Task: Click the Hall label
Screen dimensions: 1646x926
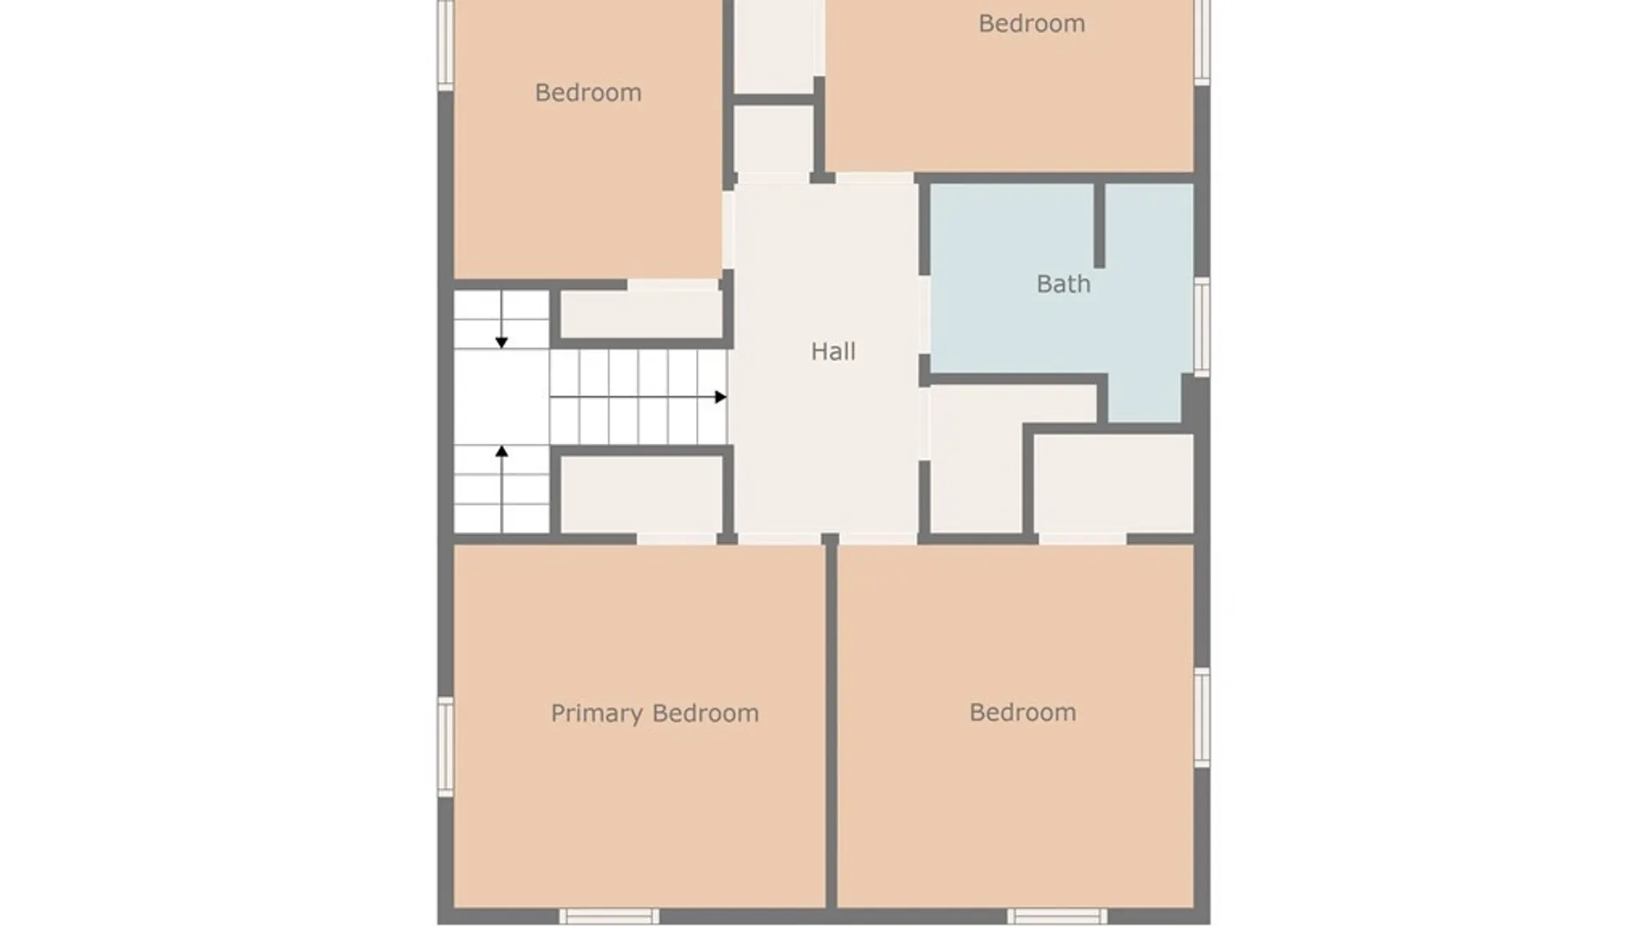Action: click(x=833, y=352)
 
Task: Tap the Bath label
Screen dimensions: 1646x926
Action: click(x=1063, y=284)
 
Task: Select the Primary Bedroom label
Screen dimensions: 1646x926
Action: click(x=655, y=713)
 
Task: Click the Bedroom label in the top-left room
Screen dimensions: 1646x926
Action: click(x=588, y=93)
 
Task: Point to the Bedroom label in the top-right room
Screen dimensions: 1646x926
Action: click(x=1031, y=23)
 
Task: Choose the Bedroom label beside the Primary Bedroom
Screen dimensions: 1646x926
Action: click(x=1023, y=713)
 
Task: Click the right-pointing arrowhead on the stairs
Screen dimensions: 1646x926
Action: click(x=721, y=397)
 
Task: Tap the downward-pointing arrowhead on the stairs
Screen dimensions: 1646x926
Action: click(x=502, y=343)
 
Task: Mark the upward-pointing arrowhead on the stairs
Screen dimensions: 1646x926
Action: click(x=502, y=451)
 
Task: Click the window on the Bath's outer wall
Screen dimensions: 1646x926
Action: click(x=1202, y=327)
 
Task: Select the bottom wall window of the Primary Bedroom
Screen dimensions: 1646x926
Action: click(x=610, y=917)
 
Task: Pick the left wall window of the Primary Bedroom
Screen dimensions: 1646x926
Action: click(x=446, y=747)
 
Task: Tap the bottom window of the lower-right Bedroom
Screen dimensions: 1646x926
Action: click(x=1057, y=917)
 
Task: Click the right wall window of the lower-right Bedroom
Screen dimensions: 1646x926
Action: click(x=1202, y=718)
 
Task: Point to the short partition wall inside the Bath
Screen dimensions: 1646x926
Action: click(x=1099, y=225)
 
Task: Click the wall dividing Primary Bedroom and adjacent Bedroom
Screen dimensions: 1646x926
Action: click(x=831, y=725)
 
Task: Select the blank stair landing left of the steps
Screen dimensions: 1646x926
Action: click(x=502, y=397)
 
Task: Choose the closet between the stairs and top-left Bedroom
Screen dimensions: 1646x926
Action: click(x=642, y=314)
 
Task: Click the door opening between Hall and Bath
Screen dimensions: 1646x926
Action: click(x=924, y=315)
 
